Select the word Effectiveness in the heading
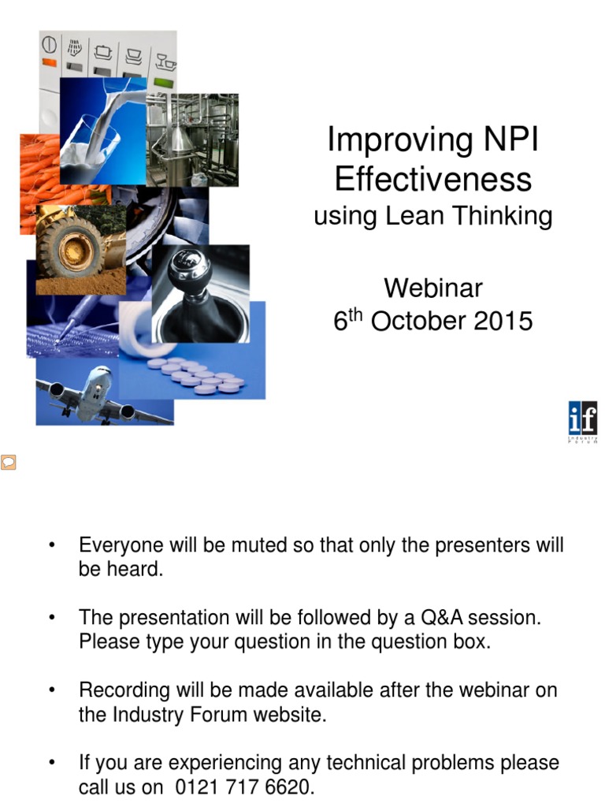click(432, 180)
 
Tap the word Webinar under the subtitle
click(432, 288)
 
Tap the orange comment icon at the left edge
click(8, 462)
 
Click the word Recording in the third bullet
click(124, 690)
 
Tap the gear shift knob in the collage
click(189, 272)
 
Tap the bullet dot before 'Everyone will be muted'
click(52, 546)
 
